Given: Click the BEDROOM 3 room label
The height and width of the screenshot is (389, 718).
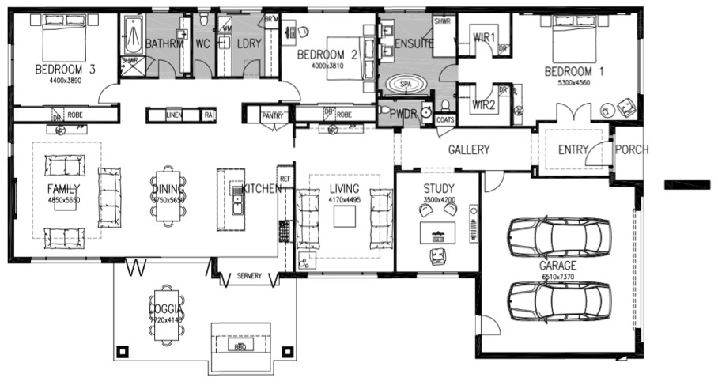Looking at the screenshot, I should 65,70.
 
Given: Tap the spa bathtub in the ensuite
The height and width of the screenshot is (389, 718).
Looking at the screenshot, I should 406,84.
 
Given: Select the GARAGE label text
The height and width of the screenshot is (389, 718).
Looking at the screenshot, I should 558,266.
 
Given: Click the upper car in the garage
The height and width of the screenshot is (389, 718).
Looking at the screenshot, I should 560,236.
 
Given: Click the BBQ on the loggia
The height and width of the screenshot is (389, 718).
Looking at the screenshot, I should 238,346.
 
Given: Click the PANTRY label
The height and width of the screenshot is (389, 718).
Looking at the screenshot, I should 272,115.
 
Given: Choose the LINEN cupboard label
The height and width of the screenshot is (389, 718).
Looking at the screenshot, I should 174,115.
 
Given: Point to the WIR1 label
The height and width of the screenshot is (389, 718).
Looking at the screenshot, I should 483,38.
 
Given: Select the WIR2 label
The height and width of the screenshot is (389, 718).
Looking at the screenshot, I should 483,104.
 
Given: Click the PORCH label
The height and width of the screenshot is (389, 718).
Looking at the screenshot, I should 632,149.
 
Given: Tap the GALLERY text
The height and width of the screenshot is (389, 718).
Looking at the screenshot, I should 469,149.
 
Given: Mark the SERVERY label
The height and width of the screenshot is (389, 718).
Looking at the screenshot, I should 249,275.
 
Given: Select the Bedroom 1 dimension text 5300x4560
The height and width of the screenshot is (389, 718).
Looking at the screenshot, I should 574,82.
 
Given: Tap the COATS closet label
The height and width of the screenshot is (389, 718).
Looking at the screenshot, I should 445,120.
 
